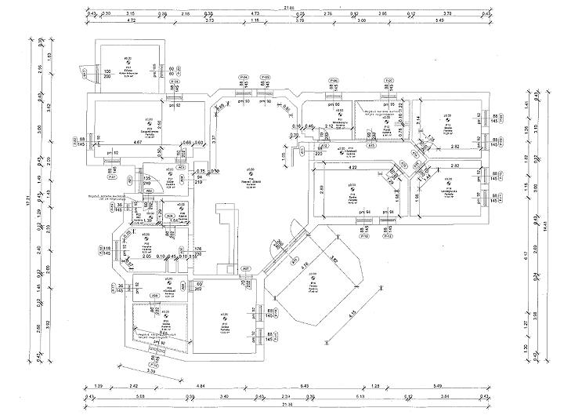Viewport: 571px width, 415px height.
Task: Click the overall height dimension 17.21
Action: pos(28,202)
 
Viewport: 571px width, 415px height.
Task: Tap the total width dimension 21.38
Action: pos(286,405)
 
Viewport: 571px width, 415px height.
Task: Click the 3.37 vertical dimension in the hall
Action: pos(214,139)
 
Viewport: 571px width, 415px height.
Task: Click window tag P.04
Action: pos(244,77)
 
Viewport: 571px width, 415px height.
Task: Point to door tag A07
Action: pos(244,269)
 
